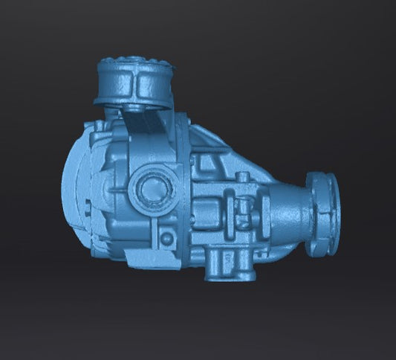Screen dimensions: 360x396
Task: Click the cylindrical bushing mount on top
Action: click(x=134, y=82)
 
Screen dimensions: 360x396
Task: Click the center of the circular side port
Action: click(x=152, y=190)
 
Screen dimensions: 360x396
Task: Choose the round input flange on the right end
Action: click(x=324, y=212)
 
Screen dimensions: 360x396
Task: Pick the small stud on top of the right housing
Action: click(x=241, y=179)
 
